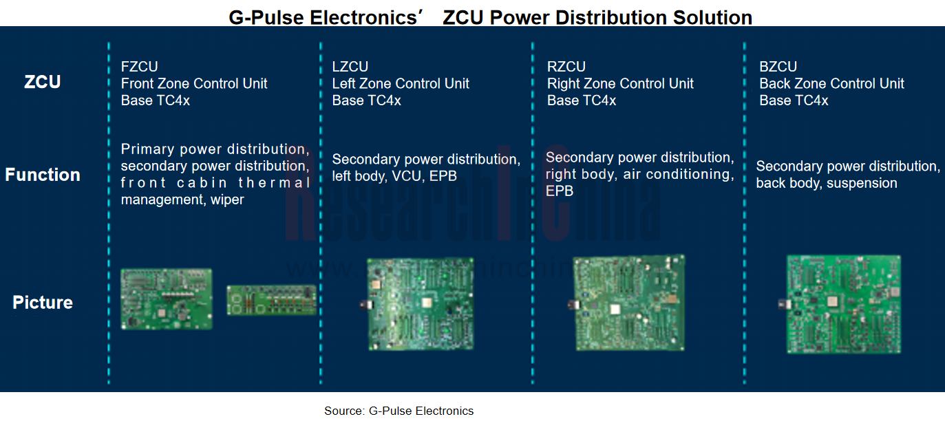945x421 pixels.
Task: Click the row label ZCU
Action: pyautogui.click(x=43, y=82)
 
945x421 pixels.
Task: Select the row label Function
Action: pyautogui.click(x=43, y=175)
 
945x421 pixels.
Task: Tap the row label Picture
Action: pyautogui.click(x=43, y=302)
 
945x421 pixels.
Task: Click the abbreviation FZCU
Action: pyautogui.click(x=139, y=67)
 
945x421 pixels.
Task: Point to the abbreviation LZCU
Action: pyautogui.click(x=350, y=67)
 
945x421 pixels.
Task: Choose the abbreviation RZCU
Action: pyautogui.click(x=566, y=67)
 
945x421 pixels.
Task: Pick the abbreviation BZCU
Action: pyautogui.click(x=778, y=67)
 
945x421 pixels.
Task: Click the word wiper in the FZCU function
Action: pyautogui.click(x=227, y=200)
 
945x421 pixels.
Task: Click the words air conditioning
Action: pyautogui.click(x=678, y=175)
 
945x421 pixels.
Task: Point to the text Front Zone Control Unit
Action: pyautogui.click(x=194, y=84)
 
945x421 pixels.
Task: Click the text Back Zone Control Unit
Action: pyautogui.click(x=831, y=84)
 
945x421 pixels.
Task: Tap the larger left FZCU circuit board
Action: pyautogui.click(x=167, y=299)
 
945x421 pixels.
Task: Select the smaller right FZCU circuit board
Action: pyautogui.click(x=271, y=301)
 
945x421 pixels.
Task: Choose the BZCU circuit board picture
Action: pyautogui.click(x=843, y=304)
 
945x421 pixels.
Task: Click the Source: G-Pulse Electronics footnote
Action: pyautogui.click(x=399, y=411)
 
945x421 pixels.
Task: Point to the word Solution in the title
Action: pyautogui.click(x=711, y=17)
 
